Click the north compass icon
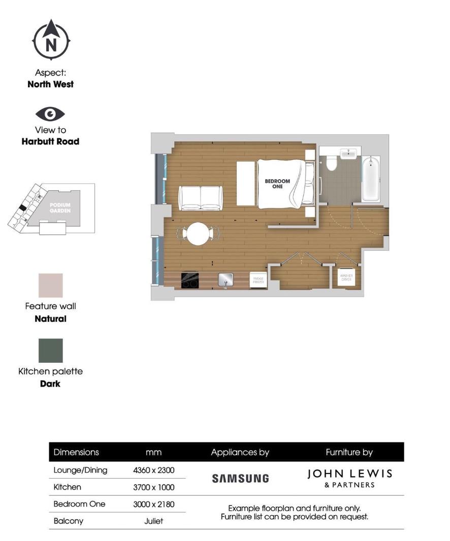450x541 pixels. click(x=51, y=40)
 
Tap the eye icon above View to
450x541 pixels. click(x=50, y=114)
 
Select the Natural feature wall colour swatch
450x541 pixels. click(x=51, y=285)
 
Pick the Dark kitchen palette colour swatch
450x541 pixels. click(x=51, y=351)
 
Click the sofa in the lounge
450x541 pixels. click(x=201, y=197)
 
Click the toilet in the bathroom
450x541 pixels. click(x=332, y=162)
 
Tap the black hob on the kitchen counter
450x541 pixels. click(x=190, y=280)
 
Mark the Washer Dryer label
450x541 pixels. click(x=346, y=278)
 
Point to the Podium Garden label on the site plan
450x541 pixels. click(x=60, y=207)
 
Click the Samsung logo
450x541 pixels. click(x=240, y=478)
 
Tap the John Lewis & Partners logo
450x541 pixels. click(x=349, y=478)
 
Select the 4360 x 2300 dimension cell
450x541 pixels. click(x=153, y=470)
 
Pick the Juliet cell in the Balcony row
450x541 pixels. click(x=153, y=521)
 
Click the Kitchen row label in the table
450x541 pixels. click(x=67, y=487)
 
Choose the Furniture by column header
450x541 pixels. click(x=349, y=452)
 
